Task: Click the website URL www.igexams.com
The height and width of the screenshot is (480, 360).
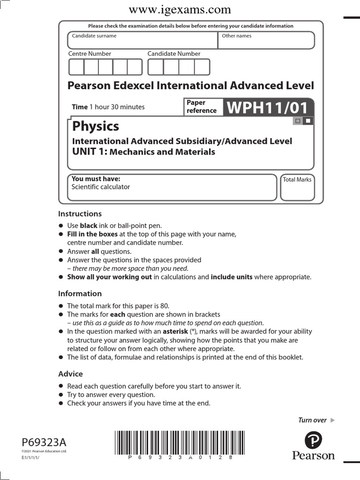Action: coord(180,9)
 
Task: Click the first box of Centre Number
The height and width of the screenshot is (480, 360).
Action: coord(76,67)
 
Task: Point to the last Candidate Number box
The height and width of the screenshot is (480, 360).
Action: coord(202,67)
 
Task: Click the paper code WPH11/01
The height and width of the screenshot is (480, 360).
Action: coord(268,107)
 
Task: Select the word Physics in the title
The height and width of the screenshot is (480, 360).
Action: coord(95,126)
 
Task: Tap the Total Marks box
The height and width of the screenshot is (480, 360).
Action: coord(297,190)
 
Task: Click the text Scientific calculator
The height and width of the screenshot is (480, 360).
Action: coord(100,187)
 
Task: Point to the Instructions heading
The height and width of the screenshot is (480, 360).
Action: coord(80,214)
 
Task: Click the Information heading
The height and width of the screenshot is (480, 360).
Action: coord(80,293)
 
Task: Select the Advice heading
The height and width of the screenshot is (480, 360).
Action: coord(70,374)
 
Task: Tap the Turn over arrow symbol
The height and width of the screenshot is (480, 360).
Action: coord(332,420)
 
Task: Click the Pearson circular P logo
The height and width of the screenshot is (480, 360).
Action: coord(313,441)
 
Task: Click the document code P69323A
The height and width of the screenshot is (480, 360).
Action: coord(44,442)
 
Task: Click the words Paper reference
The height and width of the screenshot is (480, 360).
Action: coord(202,107)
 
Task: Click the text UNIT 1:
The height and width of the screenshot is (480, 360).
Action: coord(90,151)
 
